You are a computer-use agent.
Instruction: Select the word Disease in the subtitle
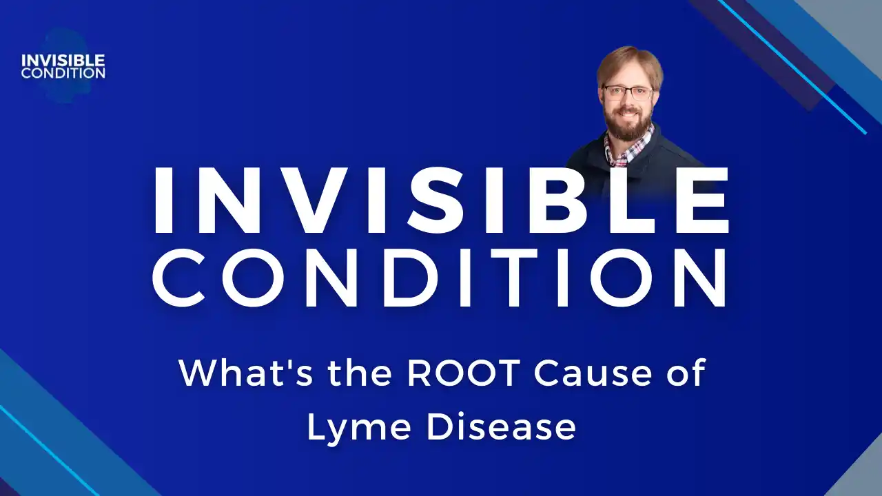(500, 428)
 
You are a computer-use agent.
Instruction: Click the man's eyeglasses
(628, 93)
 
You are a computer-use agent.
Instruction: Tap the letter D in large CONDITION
(404, 276)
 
